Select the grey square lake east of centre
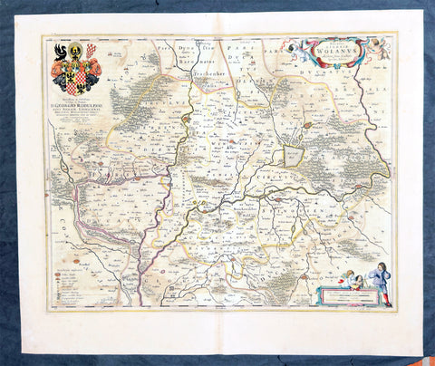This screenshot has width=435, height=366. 292,156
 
